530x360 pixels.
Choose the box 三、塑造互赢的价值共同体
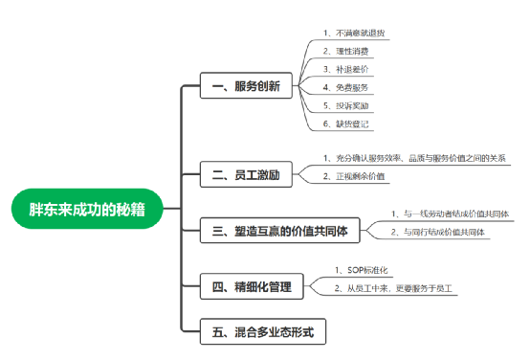click(x=284, y=231)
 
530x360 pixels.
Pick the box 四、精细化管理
click(x=251, y=285)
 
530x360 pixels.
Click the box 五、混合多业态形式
click(x=263, y=333)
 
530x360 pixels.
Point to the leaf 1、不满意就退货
click(x=355, y=34)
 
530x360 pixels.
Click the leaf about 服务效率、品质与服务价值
click(x=413, y=158)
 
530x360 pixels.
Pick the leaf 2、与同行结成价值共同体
click(x=439, y=232)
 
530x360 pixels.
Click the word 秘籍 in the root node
click(x=130, y=208)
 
